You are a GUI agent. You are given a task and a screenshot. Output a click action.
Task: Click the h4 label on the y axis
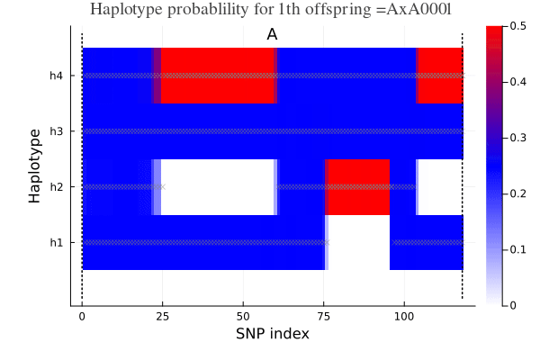click(57, 76)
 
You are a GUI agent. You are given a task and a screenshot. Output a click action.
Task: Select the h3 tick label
click(57, 131)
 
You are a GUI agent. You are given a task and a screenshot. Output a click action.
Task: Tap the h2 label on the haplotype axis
click(57, 187)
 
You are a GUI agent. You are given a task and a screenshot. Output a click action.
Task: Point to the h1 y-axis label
click(57, 242)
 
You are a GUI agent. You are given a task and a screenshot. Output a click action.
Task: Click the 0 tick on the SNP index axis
click(82, 317)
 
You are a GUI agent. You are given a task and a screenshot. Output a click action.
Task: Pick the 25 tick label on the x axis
click(162, 317)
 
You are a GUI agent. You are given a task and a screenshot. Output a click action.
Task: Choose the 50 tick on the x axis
click(243, 317)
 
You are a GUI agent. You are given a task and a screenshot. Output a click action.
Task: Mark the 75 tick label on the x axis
click(324, 317)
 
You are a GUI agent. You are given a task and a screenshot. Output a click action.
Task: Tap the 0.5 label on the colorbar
click(518, 26)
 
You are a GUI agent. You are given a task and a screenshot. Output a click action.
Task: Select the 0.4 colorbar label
click(518, 82)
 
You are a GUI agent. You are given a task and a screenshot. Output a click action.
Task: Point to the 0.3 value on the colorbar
click(518, 138)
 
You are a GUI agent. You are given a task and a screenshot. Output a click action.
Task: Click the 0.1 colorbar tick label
click(518, 249)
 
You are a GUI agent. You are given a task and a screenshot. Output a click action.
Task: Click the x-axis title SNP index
click(273, 334)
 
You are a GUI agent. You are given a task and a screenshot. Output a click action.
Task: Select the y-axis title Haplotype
click(35, 166)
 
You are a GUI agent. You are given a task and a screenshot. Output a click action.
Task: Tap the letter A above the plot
click(272, 34)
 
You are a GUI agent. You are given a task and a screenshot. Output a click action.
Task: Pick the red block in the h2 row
click(357, 187)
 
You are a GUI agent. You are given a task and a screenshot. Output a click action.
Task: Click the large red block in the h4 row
click(218, 76)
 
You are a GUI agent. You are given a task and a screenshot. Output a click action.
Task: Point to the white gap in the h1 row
click(357, 242)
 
